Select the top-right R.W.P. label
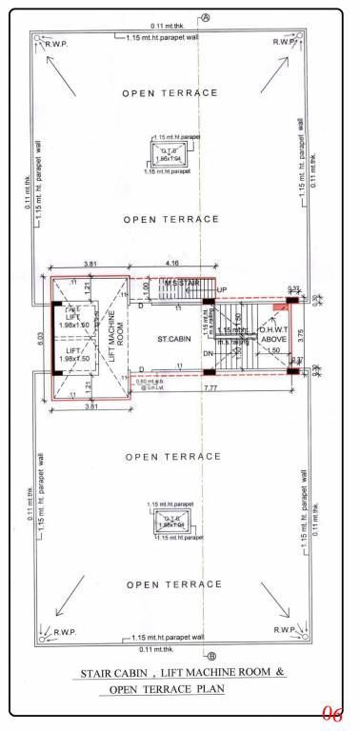coord(283,42)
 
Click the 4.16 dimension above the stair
coord(171,262)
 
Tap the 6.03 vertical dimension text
coord(40,338)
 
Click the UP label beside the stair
coord(222,289)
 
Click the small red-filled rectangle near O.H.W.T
coord(278,308)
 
